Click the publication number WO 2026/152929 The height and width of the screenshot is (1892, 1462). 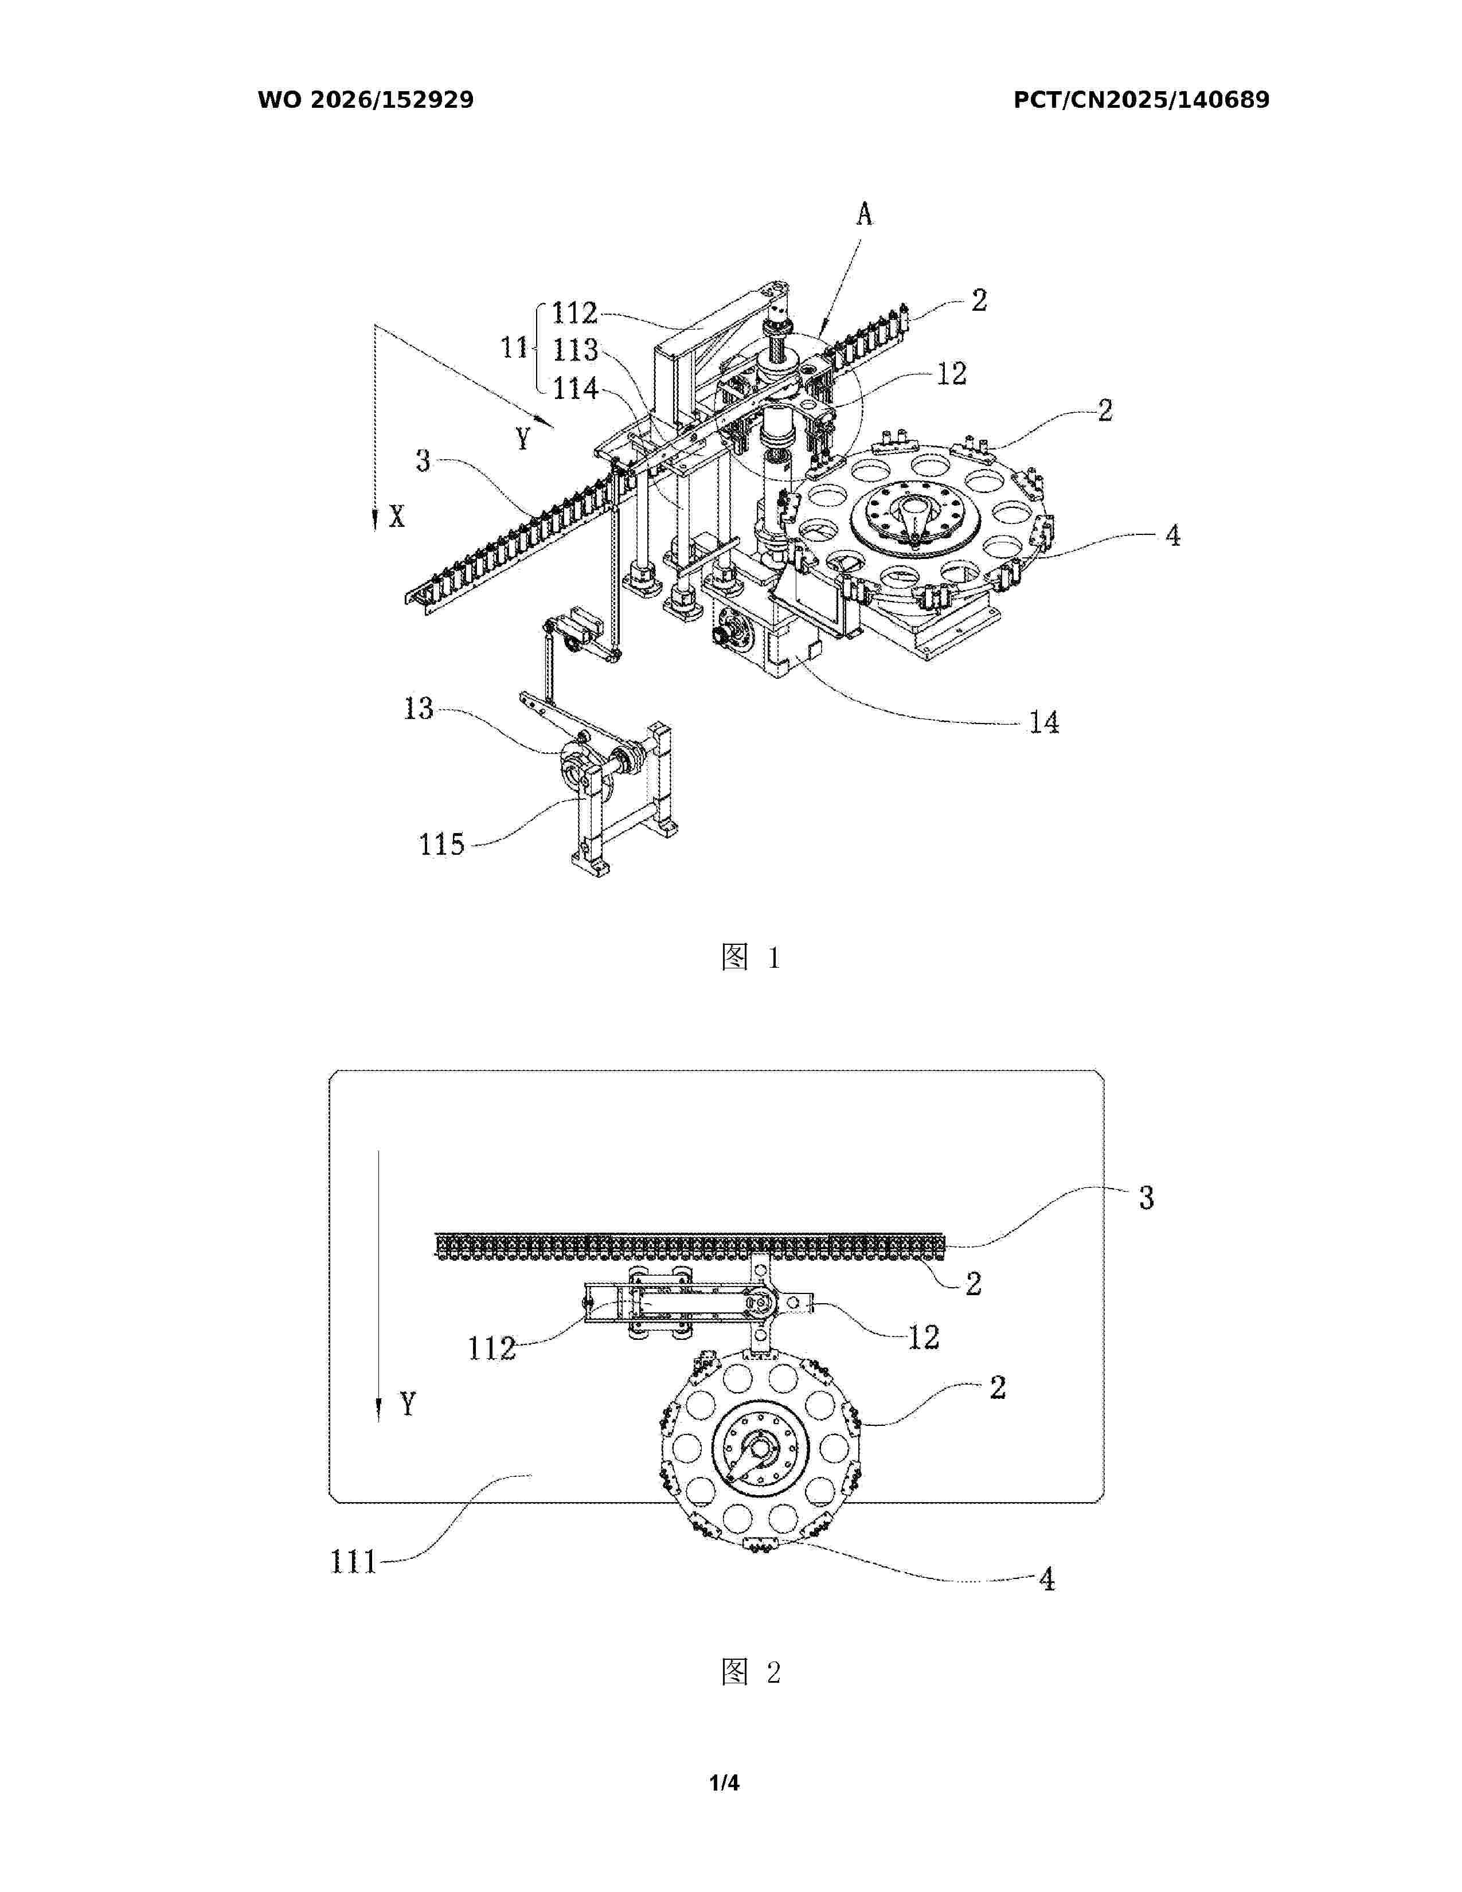click(366, 100)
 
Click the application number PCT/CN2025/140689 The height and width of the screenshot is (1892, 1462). click(1142, 100)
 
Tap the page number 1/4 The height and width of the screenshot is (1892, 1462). click(724, 1783)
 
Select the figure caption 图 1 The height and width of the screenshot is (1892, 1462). click(751, 957)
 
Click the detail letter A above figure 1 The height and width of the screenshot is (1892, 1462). click(865, 214)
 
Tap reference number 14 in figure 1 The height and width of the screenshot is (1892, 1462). click(1043, 722)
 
